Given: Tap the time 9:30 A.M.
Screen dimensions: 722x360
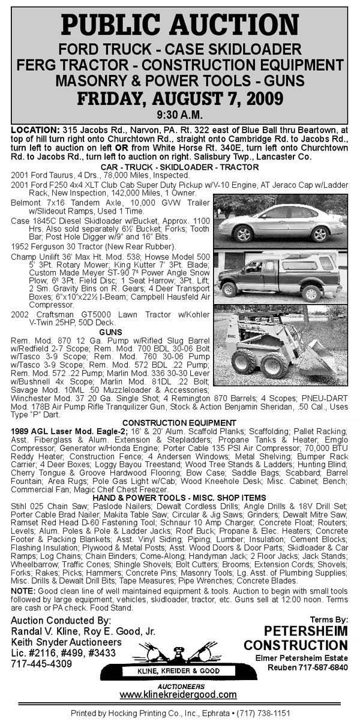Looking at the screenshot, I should click(x=179, y=113).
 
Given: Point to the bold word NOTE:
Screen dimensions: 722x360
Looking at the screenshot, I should click(x=23, y=591).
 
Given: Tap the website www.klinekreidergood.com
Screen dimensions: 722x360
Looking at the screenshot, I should click(x=178, y=694).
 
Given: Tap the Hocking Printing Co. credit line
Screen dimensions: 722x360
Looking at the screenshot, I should click(x=180, y=714).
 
